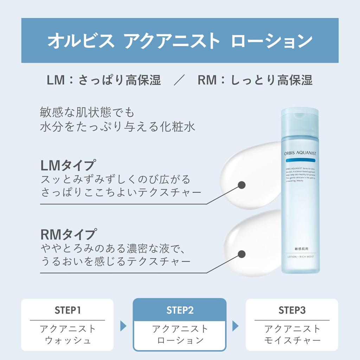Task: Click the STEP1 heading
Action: coord(67,310)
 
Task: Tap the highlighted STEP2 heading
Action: coord(180,310)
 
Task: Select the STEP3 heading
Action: coord(292,310)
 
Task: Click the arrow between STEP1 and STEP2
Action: coord(123,326)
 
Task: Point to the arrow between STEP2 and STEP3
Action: coord(235,326)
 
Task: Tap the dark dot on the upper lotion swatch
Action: coord(242,185)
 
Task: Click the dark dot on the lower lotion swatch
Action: coord(242,254)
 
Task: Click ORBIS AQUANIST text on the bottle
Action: coord(300,153)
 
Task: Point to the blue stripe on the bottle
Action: coord(300,160)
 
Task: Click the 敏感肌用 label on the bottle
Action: coord(301,249)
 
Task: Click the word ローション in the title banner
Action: coord(272,41)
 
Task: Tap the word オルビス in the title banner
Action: coord(81,41)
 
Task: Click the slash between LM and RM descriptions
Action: coord(179,81)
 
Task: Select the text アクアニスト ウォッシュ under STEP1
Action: coord(67,334)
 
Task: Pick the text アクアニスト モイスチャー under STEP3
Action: coord(292,334)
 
